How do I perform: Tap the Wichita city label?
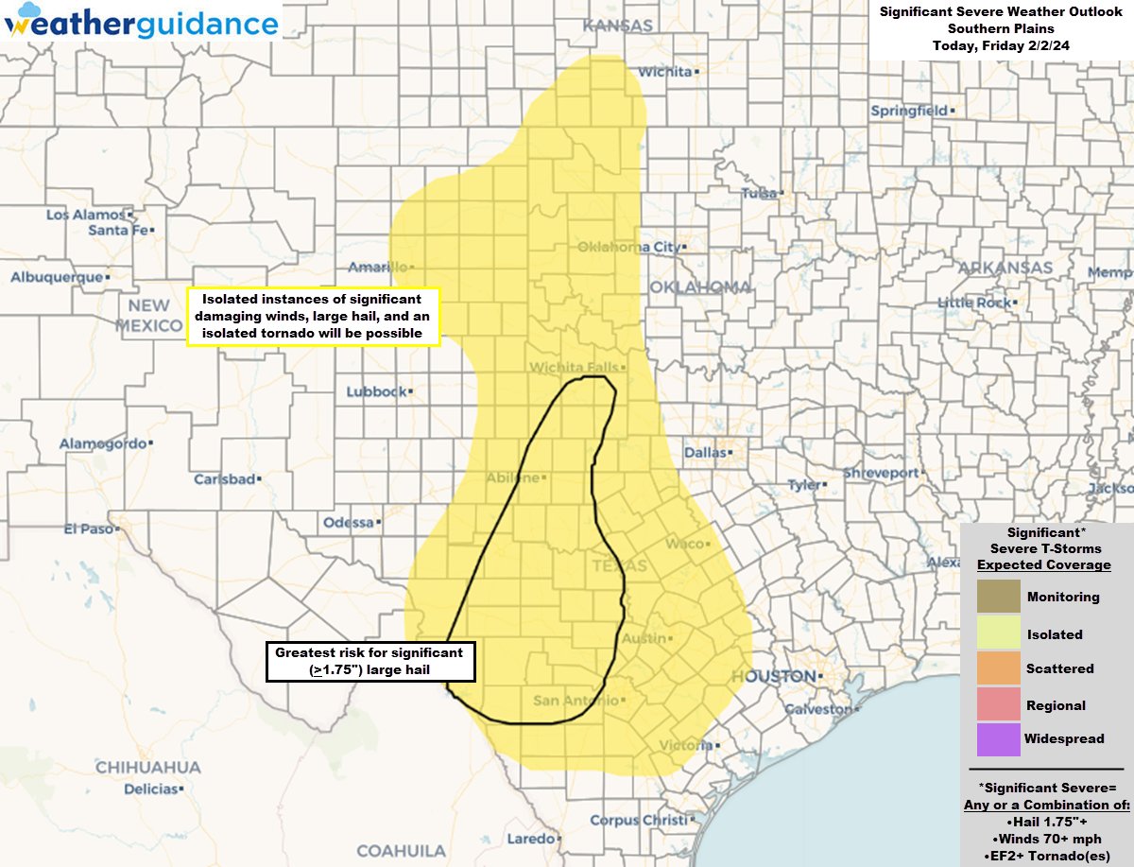click(665, 72)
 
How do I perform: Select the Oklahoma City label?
click(627, 248)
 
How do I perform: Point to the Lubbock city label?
click(375, 391)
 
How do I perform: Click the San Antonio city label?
click(576, 701)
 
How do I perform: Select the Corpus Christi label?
click(640, 821)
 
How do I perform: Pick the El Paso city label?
click(88, 529)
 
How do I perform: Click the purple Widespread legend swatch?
click(999, 739)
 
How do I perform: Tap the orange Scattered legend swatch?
click(999, 668)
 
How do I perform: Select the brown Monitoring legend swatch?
click(999, 597)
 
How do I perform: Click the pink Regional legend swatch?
click(999, 705)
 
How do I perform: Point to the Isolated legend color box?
click(999, 633)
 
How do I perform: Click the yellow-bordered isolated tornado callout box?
click(314, 316)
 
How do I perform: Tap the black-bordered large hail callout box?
click(369, 661)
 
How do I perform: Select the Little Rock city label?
click(972, 303)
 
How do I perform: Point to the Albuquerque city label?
click(56, 277)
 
